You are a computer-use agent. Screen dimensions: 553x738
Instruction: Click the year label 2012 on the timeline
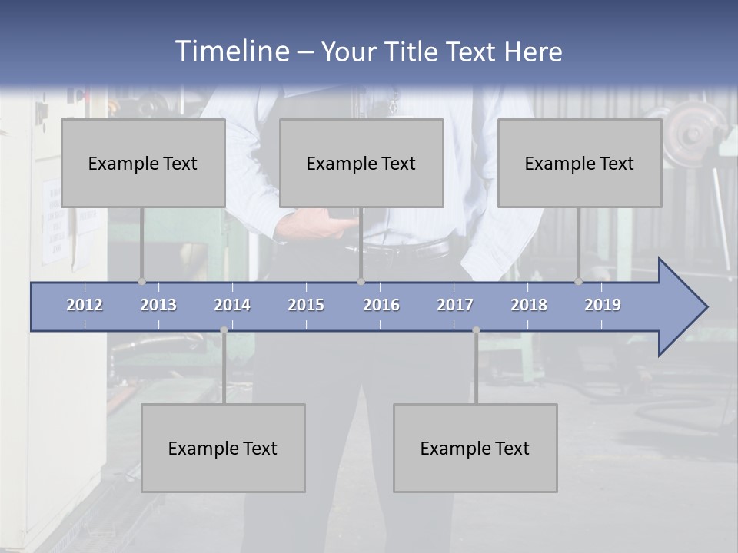coord(85,305)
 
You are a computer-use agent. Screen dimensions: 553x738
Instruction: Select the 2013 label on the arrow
coord(158,305)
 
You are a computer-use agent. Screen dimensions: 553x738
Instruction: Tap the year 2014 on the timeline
coord(232,305)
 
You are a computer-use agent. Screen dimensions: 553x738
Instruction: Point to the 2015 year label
coord(306,305)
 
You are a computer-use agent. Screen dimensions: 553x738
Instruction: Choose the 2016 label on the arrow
coord(381,305)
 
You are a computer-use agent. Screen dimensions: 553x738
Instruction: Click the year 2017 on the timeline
coord(455,305)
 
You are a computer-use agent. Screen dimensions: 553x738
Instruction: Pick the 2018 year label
coord(529,305)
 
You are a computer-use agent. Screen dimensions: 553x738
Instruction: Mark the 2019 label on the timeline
coord(603,305)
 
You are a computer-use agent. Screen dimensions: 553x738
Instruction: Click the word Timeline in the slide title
coord(231,51)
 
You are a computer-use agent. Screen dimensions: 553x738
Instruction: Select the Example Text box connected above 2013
coord(143,163)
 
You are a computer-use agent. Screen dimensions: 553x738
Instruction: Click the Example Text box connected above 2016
coord(361,163)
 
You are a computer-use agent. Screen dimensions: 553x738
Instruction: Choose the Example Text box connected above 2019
coord(580,163)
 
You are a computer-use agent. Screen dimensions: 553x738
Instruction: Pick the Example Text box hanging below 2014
coord(223,448)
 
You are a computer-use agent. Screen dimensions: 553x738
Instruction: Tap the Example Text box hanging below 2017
coord(475,448)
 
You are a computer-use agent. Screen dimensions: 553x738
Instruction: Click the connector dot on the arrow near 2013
coord(141,282)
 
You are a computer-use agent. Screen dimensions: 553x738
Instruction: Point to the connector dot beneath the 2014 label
coord(224,330)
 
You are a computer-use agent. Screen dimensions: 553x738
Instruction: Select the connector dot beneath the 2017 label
coord(476,330)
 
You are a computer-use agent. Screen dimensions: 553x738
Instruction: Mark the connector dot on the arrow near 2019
coord(578,282)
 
